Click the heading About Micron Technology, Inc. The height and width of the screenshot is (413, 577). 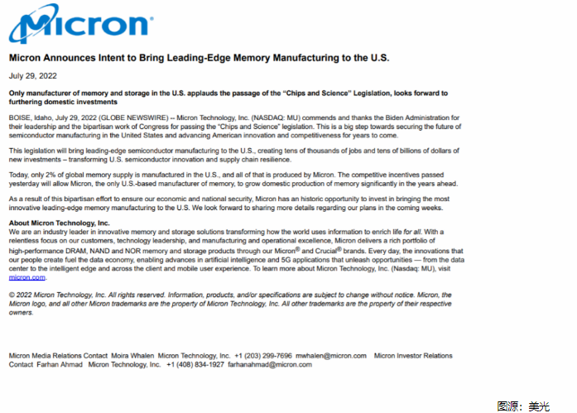59,223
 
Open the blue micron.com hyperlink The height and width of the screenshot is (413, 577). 26,277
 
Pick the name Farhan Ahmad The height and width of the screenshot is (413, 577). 60,364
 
